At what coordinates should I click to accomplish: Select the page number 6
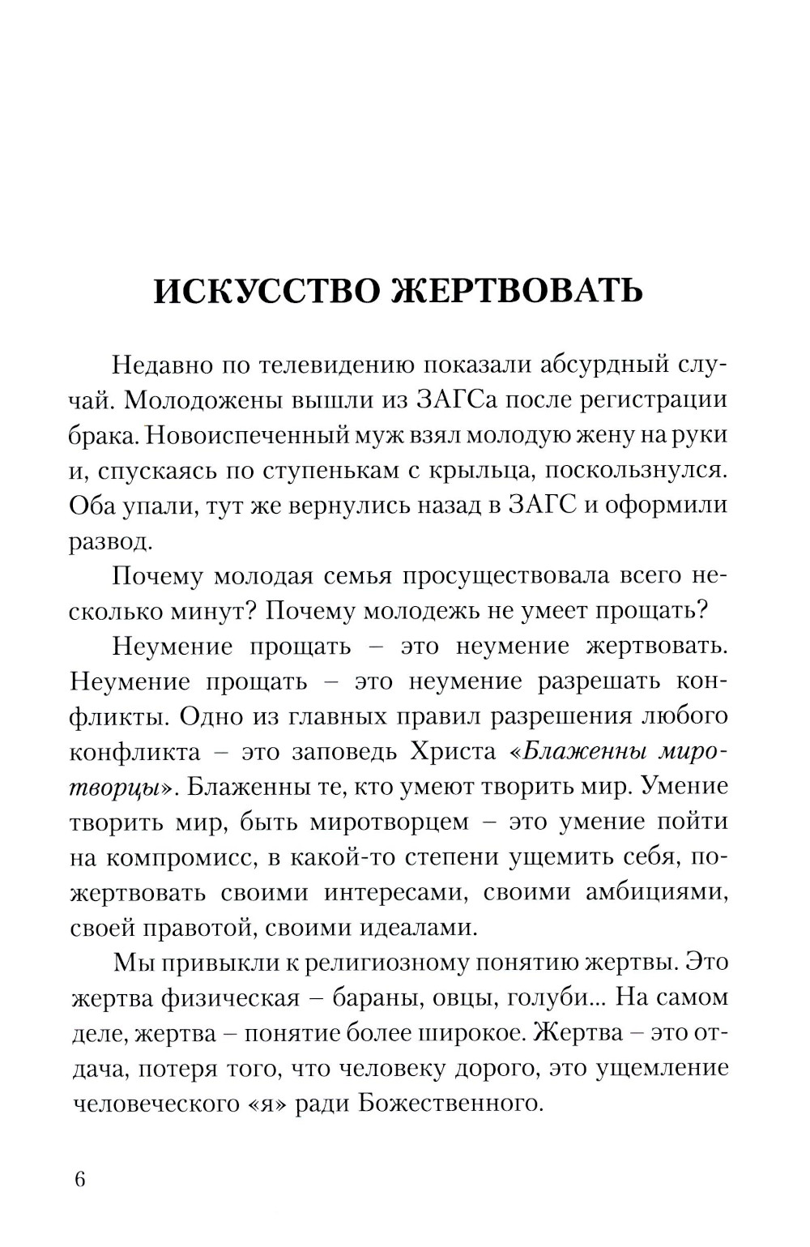click(79, 1179)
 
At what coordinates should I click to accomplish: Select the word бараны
click(382, 998)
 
